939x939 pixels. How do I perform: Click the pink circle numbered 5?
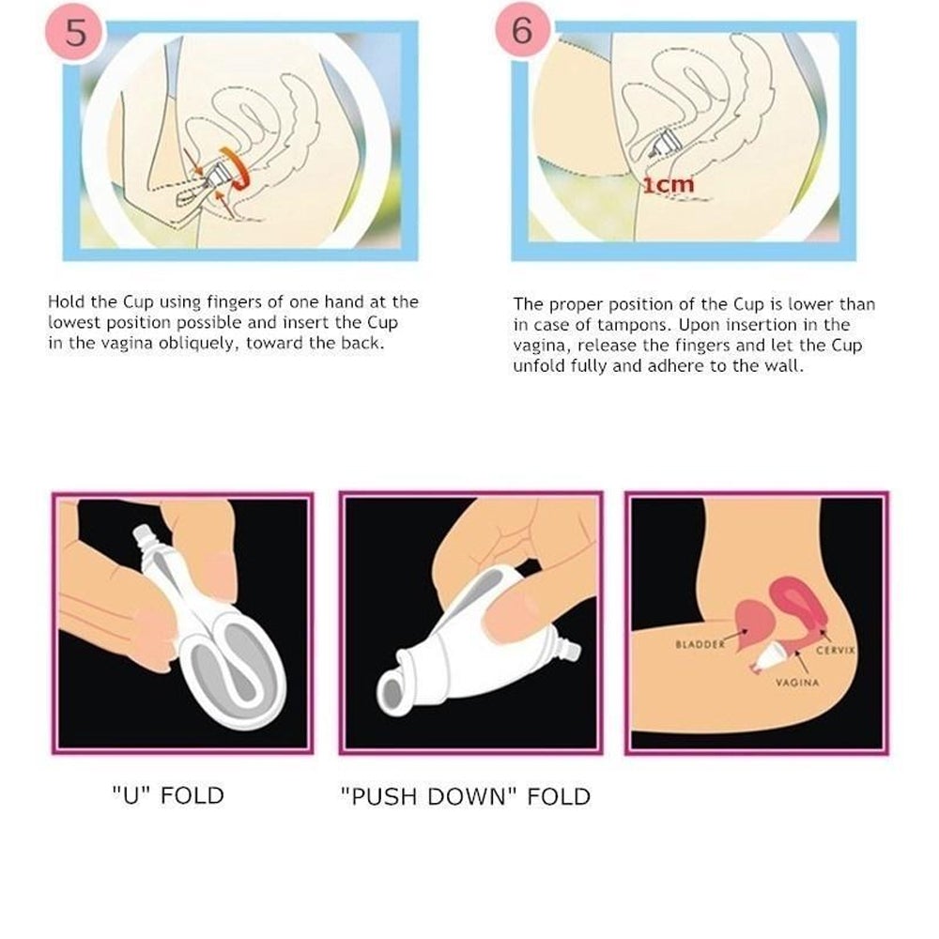click(75, 31)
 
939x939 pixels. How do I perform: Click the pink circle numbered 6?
click(522, 30)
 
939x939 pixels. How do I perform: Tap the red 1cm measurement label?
click(669, 184)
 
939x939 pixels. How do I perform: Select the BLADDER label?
click(700, 644)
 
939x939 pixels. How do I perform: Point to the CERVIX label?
click(836, 650)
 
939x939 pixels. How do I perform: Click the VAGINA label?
click(797, 682)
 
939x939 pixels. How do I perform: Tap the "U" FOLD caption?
click(168, 795)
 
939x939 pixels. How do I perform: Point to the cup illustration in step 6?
click(664, 145)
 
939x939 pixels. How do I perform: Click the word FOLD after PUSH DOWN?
click(559, 796)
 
